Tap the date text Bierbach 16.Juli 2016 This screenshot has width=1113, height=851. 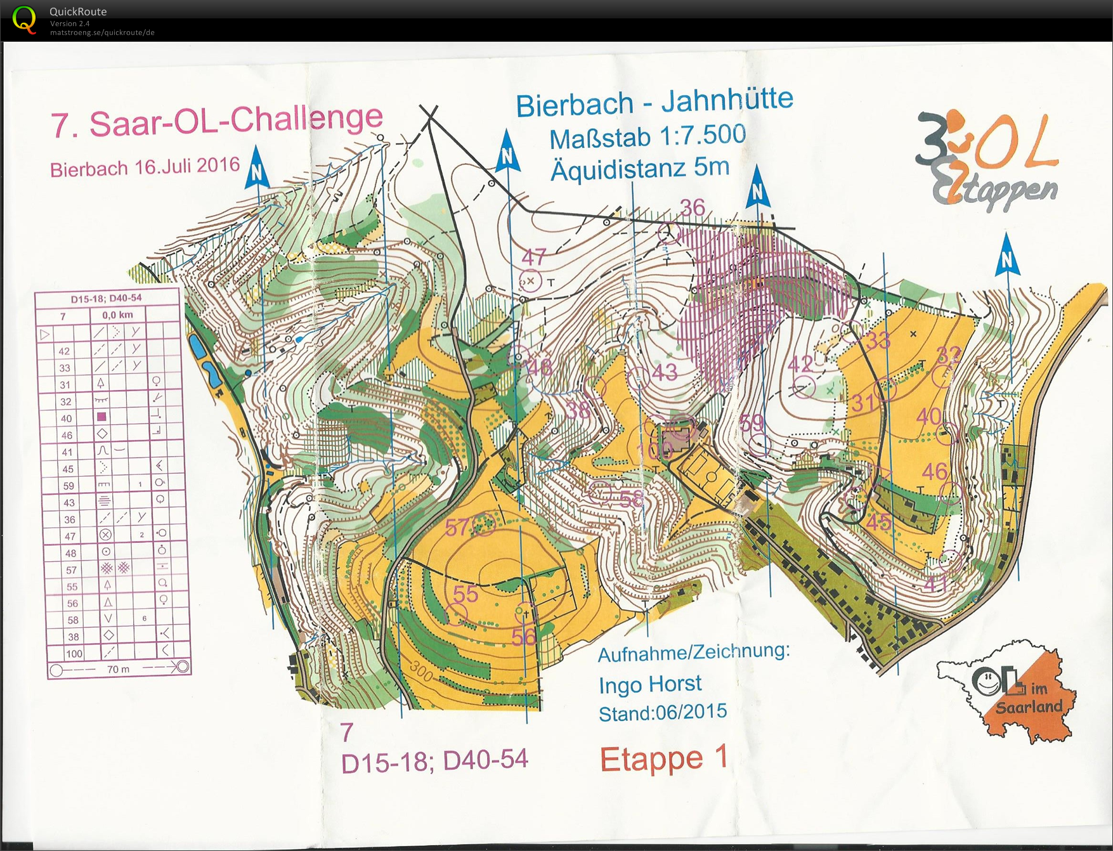[145, 168]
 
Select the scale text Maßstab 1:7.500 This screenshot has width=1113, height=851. [647, 136]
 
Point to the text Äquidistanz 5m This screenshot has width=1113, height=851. [639, 169]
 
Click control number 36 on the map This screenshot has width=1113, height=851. [693, 208]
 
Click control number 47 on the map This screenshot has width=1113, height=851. [533, 257]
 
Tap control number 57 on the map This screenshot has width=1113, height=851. [457, 527]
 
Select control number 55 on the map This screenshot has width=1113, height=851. [465, 594]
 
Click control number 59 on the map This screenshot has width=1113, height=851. [752, 422]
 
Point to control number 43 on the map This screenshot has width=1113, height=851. [665, 372]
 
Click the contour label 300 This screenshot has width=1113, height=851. [421, 670]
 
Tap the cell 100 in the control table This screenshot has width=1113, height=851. [74, 653]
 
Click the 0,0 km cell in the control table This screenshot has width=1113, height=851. [118, 315]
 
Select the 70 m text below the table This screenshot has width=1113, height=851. [118, 669]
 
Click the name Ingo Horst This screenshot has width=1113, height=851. [650, 684]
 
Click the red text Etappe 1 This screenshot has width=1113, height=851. [663, 758]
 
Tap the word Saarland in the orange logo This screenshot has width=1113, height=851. [1029, 707]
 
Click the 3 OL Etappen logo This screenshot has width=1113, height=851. [987, 162]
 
